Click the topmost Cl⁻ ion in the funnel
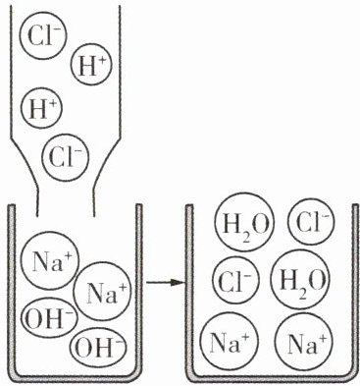43,35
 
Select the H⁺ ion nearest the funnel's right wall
91,65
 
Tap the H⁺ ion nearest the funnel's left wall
41,108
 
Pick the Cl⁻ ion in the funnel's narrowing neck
66,157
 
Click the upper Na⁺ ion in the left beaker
50,260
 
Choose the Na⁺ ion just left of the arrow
102,292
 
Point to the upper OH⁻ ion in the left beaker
48,318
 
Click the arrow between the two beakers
166,282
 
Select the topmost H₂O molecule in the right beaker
244,223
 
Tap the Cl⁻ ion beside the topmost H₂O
311,222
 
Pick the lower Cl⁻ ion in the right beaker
235,280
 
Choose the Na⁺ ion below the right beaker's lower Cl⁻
230,342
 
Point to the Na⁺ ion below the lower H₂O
303,342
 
